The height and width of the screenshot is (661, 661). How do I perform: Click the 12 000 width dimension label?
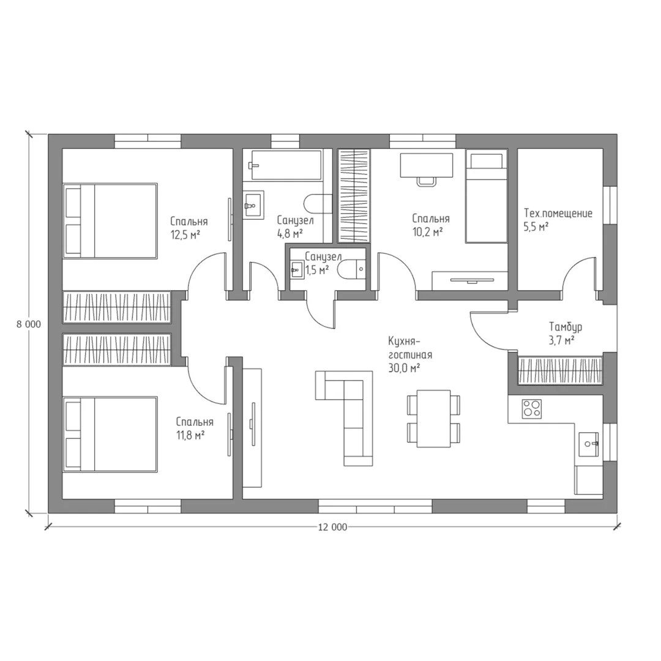pyautogui.click(x=332, y=527)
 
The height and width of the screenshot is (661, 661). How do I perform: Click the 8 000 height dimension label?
pyautogui.click(x=29, y=324)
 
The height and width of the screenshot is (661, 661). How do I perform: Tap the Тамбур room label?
pyautogui.click(x=566, y=327)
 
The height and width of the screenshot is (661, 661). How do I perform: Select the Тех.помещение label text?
pyautogui.click(x=558, y=214)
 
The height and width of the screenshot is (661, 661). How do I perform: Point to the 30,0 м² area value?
pyautogui.click(x=404, y=368)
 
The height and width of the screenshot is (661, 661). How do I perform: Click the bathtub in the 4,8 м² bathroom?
pyautogui.click(x=285, y=165)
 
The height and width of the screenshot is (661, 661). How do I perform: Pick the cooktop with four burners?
pyautogui.click(x=532, y=409)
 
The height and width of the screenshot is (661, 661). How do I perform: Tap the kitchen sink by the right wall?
pyautogui.click(x=588, y=444)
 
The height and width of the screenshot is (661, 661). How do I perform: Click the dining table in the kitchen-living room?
pyautogui.click(x=434, y=419)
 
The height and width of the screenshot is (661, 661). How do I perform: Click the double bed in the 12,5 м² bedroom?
pyautogui.click(x=110, y=220)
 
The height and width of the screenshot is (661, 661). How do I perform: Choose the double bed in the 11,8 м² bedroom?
pyautogui.click(x=110, y=434)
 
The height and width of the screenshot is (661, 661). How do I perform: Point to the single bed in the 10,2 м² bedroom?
pyautogui.click(x=486, y=196)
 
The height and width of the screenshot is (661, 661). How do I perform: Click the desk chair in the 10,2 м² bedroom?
pyautogui.click(x=426, y=181)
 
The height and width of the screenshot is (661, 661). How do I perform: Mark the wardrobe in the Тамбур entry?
pyautogui.click(x=560, y=371)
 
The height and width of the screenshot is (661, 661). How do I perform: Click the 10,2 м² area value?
pyautogui.click(x=427, y=232)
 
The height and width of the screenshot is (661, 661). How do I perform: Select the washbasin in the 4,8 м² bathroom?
pyautogui.click(x=253, y=205)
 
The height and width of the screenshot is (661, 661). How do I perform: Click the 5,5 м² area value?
pyautogui.click(x=536, y=227)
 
